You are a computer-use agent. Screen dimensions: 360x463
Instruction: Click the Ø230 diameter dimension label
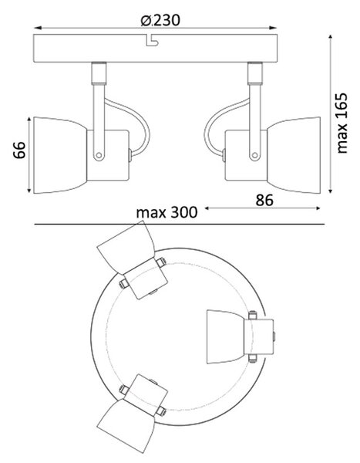click(x=160, y=20)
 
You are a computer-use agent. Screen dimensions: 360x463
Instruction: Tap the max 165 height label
click(x=341, y=123)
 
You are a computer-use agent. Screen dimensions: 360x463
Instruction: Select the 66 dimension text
click(x=19, y=150)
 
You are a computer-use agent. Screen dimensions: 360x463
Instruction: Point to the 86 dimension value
click(x=264, y=200)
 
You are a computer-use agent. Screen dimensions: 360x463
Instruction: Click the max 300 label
click(x=167, y=212)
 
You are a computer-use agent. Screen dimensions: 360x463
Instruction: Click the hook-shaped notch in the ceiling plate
click(x=152, y=41)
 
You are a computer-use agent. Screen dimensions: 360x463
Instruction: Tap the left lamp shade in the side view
click(x=60, y=155)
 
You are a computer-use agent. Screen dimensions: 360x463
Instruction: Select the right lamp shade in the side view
click(x=294, y=155)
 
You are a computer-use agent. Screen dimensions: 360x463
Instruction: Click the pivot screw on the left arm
click(x=99, y=155)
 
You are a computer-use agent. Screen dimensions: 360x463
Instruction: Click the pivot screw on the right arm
click(x=254, y=155)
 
